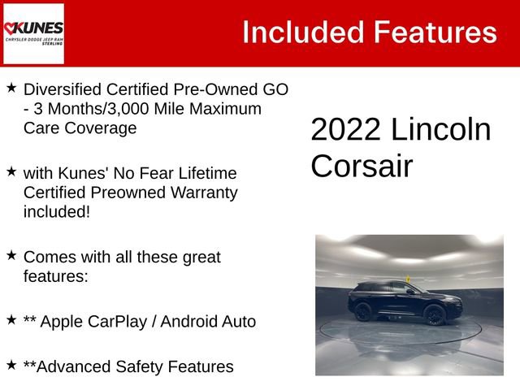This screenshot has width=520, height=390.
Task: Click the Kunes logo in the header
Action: pos(33,33)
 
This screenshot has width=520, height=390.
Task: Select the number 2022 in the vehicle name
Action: pos(344,130)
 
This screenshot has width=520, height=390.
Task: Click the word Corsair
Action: pos(362,166)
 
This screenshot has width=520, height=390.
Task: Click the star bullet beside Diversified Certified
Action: pos(11,87)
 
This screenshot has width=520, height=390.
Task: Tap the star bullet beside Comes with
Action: pos(11,255)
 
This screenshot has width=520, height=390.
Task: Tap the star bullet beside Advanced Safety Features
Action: pos(11,365)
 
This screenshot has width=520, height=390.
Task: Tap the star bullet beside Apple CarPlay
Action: pos(11,320)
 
